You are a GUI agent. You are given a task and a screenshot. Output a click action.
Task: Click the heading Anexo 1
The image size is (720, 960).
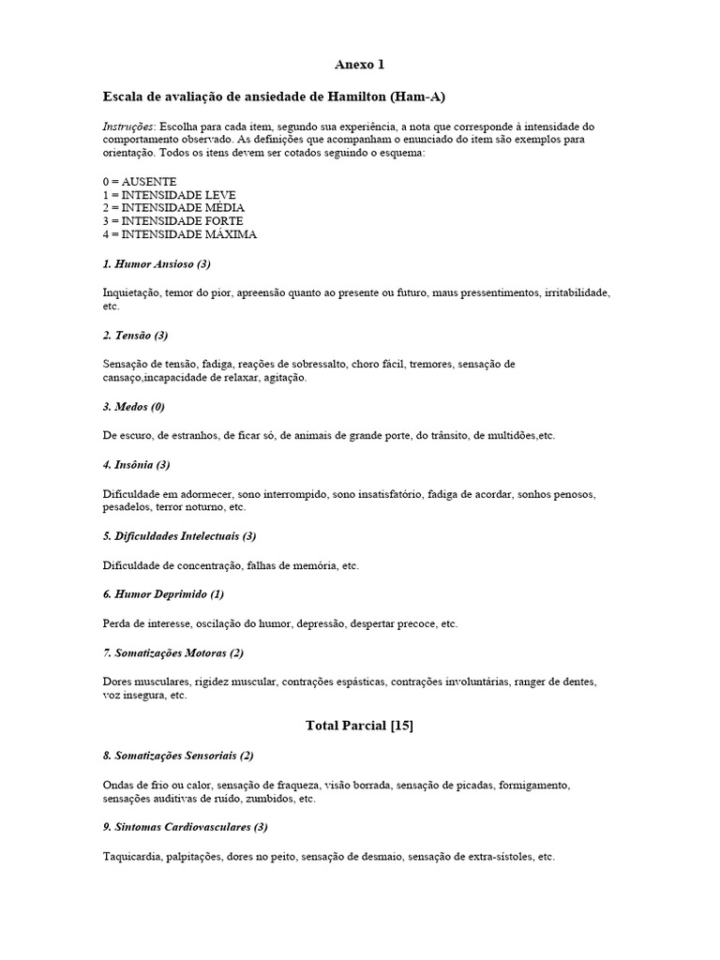click(x=360, y=65)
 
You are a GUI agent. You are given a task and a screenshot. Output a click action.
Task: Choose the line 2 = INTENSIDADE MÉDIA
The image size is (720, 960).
click(x=174, y=207)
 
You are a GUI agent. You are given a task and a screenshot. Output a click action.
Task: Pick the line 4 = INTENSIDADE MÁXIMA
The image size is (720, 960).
click(x=179, y=234)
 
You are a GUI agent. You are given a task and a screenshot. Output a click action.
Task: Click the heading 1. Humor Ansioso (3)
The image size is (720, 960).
click(x=162, y=263)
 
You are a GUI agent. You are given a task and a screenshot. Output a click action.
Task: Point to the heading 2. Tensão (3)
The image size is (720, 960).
click(x=135, y=335)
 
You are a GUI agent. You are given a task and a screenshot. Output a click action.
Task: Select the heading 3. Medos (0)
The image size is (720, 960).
click(x=133, y=407)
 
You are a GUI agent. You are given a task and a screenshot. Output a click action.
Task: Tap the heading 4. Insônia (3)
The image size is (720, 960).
click(x=136, y=464)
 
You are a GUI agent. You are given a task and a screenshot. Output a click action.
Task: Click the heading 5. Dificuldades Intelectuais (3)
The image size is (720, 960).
click(x=179, y=536)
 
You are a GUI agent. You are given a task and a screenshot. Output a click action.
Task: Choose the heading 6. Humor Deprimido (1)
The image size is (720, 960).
click(x=163, y=594)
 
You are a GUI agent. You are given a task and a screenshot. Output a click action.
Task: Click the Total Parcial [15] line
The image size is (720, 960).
click(x=360, y=725)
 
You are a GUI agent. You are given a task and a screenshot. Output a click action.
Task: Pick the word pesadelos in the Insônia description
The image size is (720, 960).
click(x=127, y=507)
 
